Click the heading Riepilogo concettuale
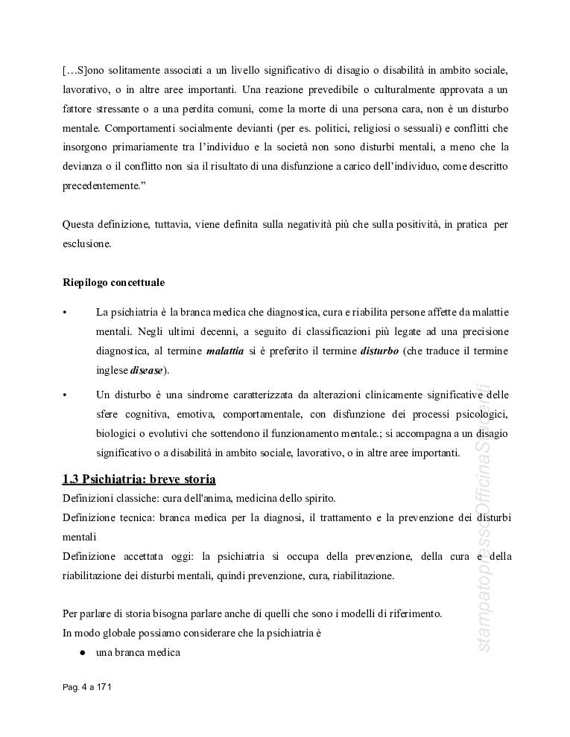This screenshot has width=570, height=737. [x=113, y=283]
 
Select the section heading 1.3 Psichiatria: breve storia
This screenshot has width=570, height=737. [x=139, y=478]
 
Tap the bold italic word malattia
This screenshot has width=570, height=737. [x=225, y=351]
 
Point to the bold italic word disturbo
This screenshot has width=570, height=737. [x=379, y=351]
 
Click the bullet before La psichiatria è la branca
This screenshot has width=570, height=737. [x=66, y=312]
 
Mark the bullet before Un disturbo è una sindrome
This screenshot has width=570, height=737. [x=66, y=395]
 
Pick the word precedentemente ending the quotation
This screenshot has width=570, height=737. [x=101, y=186]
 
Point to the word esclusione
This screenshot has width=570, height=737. [x=86, y=243]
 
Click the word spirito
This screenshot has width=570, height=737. [x=314, y=497]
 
